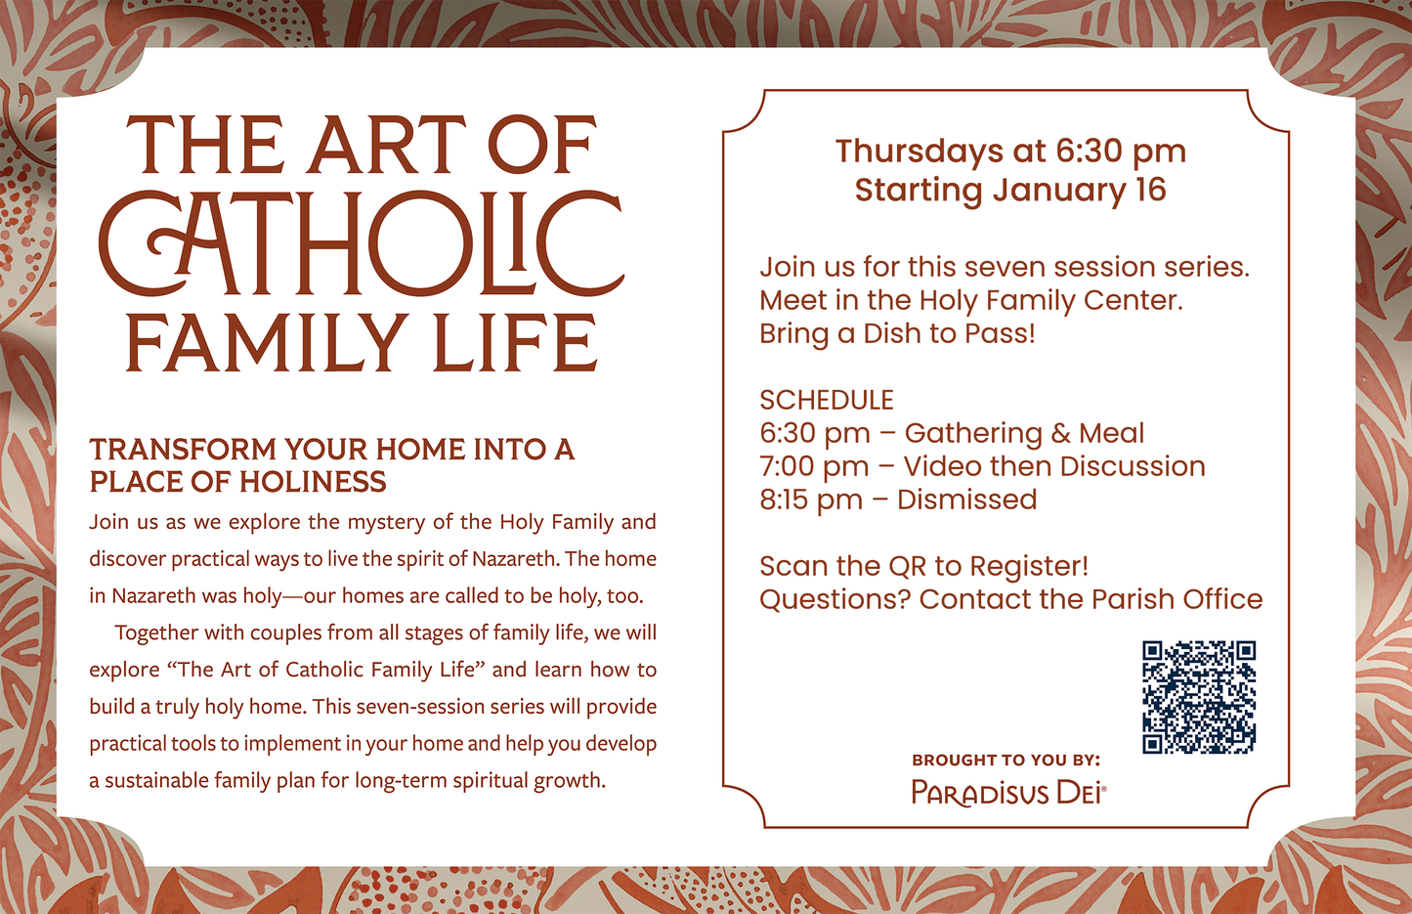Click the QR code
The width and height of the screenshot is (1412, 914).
tap(1199, 697)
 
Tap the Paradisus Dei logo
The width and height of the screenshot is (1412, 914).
tap(1007, 792)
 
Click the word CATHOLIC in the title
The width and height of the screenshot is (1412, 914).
tap(361, 244)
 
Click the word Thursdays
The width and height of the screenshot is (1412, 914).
tap(920, 152)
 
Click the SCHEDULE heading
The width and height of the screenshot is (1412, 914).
tap(827, 400)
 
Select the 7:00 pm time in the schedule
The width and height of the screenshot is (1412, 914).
tap(814, 466)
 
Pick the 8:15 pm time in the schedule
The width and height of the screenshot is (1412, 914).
tap(811, 500)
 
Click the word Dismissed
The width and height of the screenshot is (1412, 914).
tap(966, 500)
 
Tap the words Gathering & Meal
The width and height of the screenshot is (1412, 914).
tap(1024, 433)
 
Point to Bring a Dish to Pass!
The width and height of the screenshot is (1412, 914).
tap(897, 333)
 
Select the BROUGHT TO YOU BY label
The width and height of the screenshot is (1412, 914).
tap(1006, 760)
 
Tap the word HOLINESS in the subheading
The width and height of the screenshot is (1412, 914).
tap(313, 482)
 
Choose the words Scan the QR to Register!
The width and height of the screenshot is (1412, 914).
tap(923, 566)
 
